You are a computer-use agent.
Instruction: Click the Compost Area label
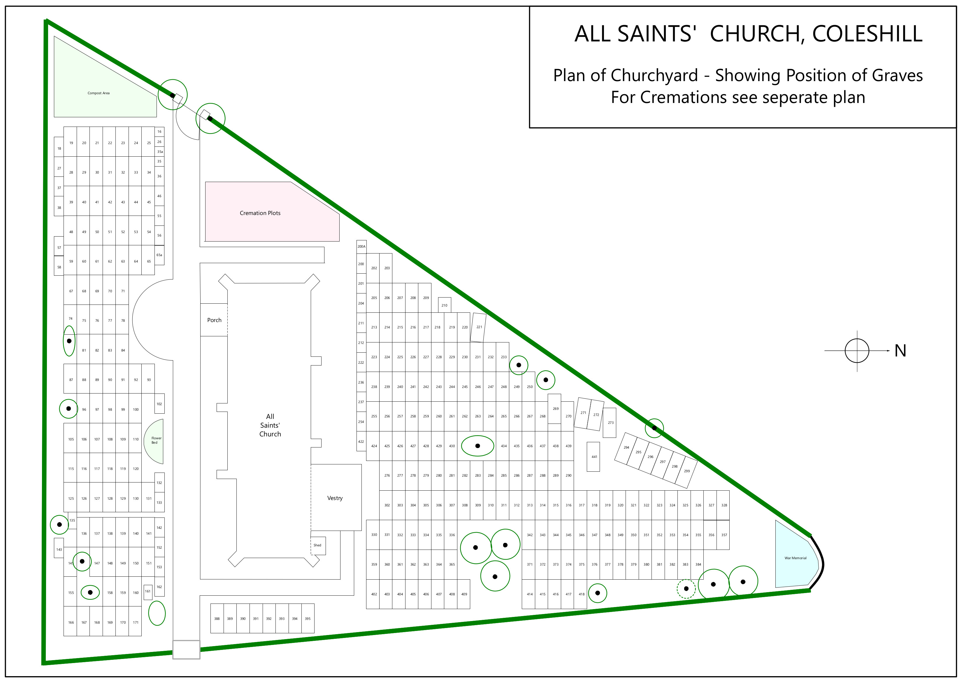pyautogui.click(x=98, y=93)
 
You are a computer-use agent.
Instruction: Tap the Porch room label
pyautogui.click(x=214, y=320)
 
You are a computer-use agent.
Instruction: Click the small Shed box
pyautogui.click(x=318, y=545)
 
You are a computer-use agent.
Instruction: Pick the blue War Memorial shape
pyautogui.click(x=795, y=558)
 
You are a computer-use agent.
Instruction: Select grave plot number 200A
pyautogui.click(x=361, y=247)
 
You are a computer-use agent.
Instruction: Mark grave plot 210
pyautogui.click(x=444, y=305)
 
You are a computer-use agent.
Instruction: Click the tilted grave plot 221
pyautogui.click(x=479, y=327)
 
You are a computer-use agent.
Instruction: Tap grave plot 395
pyautogui.click(x=308, y=618)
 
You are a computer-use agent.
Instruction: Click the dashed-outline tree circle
pyautogui.click(x=686, y=589)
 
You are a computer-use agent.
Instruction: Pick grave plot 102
pyautogui.click(x=159, y=404)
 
